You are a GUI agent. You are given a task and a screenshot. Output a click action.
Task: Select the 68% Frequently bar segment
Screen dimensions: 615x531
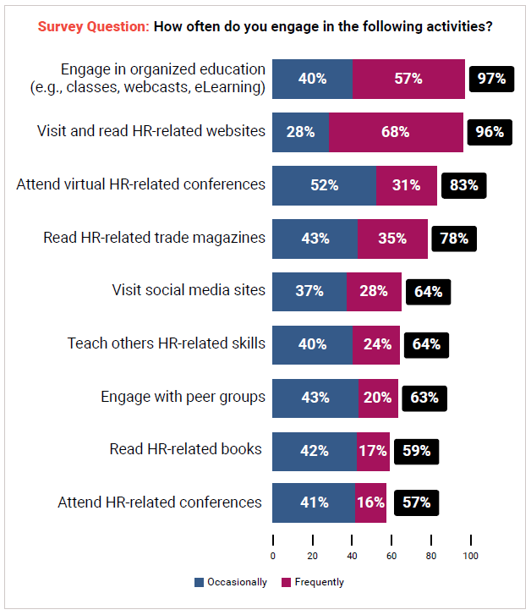[396, 132]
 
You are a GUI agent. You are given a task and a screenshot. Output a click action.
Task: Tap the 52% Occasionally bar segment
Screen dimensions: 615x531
[324, 185]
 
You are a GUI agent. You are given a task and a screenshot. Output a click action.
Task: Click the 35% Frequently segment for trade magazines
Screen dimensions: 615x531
[392, 239]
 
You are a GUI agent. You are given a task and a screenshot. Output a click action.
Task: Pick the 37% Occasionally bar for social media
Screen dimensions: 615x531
[309, 291]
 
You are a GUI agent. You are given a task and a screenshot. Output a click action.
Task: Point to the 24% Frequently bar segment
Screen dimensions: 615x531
[376, 344]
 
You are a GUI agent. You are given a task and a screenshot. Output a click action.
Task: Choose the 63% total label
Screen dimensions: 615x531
[424, 397]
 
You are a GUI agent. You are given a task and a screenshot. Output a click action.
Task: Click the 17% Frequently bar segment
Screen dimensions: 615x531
[373, 450]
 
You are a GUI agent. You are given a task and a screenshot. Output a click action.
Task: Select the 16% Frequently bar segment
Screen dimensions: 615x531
[370, 502]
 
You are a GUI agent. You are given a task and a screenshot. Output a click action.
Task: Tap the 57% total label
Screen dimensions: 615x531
[415, 502]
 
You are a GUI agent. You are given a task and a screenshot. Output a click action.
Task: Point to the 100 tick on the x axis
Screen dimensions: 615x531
[470, 556]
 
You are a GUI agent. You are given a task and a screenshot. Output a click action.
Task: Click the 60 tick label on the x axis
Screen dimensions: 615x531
[391, 556]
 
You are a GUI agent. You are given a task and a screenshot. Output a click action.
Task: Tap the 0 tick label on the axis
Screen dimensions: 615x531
[273, 556]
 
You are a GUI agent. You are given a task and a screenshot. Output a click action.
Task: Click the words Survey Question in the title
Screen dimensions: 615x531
[94, 26]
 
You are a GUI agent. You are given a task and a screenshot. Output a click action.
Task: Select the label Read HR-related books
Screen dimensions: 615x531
[186, 449]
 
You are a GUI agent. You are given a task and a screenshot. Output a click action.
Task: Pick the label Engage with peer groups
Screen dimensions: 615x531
[183, 396]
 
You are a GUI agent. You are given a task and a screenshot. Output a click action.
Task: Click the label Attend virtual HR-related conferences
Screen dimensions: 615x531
[140, 184]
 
